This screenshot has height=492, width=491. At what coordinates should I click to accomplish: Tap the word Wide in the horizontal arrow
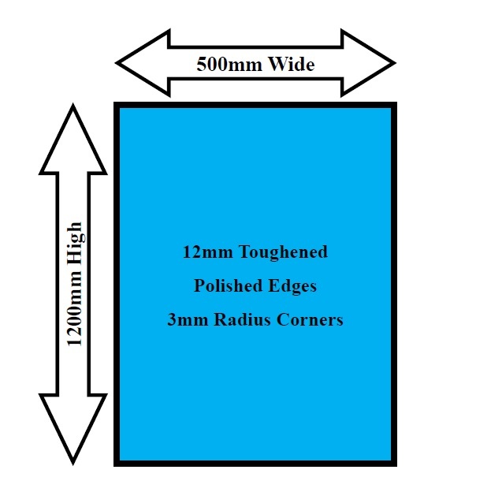(x=291, y=64)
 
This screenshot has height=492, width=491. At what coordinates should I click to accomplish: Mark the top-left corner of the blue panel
(x=118, y=106)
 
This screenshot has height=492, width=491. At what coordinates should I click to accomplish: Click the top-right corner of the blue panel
(x=392, y=106)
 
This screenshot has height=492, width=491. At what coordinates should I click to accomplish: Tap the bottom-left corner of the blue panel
(x=118, y=462)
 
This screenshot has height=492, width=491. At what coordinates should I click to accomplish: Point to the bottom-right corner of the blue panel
(x=392, y=462)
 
